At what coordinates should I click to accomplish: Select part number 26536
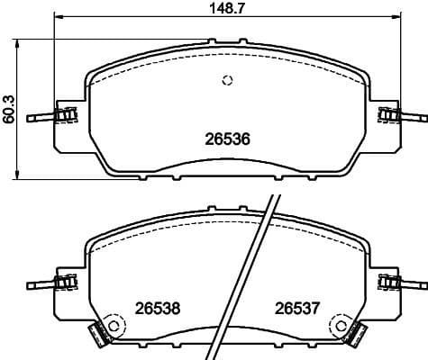point(229,140)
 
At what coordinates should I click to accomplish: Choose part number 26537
point(297,308)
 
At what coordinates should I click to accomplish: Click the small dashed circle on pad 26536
point(228,81)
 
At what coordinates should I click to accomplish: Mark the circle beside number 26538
point(114,325)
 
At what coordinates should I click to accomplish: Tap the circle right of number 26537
point(340,325)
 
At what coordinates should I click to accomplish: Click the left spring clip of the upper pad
point(64,115)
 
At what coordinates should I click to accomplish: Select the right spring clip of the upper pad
point(389,115)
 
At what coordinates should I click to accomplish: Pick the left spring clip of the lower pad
point(64,283)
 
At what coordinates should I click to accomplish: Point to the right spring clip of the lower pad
point(389,283)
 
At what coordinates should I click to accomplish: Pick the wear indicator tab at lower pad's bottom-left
point(95,337)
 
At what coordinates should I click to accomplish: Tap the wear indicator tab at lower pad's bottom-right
point(359,337)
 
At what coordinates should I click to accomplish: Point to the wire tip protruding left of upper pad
point(32,118)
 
